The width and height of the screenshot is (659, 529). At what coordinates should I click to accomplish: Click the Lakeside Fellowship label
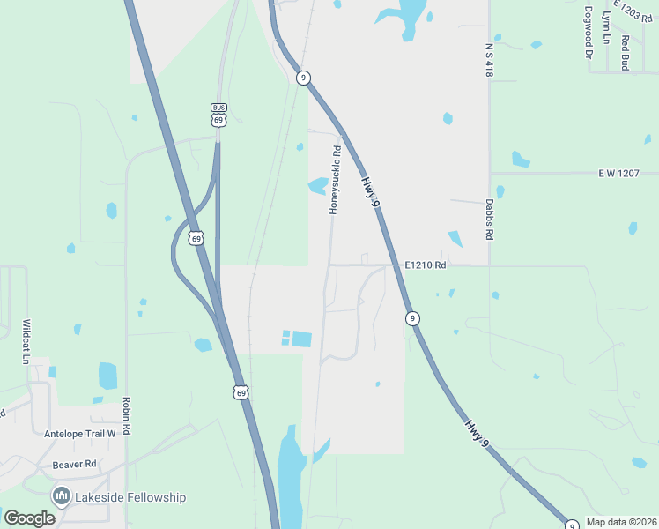(x=131, y=497)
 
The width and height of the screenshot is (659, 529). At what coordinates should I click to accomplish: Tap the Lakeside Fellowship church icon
(x=62, y=496)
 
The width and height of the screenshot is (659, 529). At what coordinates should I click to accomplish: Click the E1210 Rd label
(x=426, y=264)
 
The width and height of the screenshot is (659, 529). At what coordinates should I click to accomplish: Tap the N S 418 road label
(x=488, y=59)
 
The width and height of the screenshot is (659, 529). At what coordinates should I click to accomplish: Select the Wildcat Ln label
(x=26, y=342)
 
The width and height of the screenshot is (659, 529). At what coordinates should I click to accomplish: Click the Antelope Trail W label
(x=80, y=434)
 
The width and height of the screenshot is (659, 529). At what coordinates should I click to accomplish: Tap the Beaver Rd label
(x=74, y=464)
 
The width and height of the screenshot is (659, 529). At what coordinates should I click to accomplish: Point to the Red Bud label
(x=625, y=52)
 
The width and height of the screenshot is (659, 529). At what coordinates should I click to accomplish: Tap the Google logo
(x=30, y=518)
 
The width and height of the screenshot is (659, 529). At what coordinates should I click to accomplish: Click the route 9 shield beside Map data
(x=572, y=525)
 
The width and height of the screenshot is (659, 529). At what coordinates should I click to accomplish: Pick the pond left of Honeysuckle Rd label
(x=316, y=186)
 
